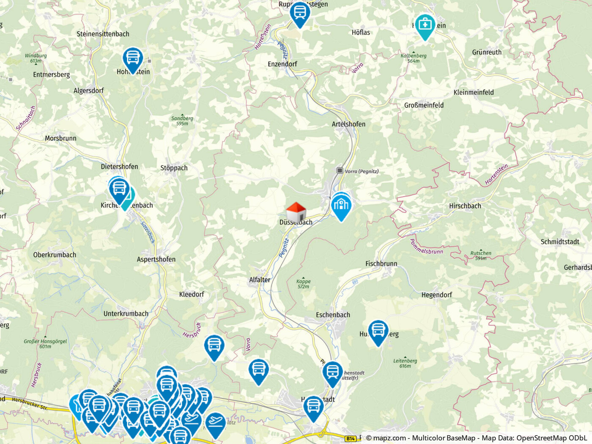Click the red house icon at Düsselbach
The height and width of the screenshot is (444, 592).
296,211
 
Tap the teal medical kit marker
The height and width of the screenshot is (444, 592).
425,25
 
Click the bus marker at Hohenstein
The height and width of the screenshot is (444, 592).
133,58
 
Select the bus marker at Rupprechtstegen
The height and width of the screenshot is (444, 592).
300,13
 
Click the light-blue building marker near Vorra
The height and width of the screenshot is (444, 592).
341,206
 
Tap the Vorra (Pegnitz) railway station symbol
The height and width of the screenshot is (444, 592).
340,170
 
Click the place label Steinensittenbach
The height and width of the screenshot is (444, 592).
103,34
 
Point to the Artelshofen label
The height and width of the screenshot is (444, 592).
348,124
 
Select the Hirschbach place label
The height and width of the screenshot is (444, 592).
465,206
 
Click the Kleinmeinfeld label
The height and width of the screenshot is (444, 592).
473,92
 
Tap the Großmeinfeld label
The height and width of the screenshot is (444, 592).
424,105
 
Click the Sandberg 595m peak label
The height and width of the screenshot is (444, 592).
182,121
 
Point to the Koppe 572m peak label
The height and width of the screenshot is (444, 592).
303,284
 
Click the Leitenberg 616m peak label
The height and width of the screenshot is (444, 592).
405,363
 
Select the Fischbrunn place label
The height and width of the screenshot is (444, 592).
381,263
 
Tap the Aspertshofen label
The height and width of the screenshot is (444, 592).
156,259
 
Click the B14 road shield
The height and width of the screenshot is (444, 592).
350,439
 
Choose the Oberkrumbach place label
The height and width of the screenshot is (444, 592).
55,255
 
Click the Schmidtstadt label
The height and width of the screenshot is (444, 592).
560,241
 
